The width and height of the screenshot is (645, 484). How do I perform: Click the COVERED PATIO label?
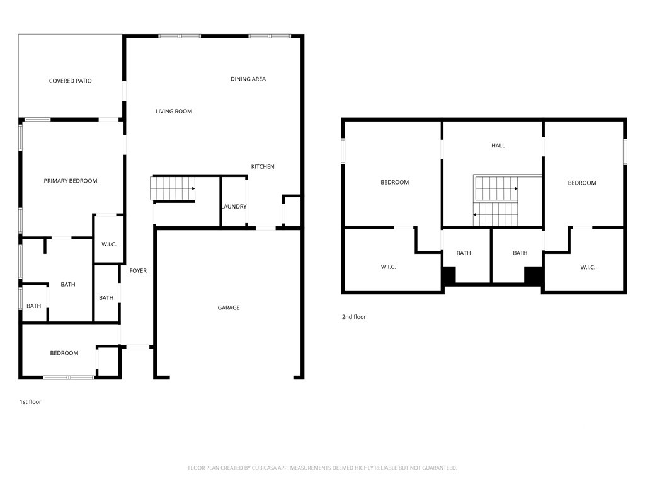point(71,81)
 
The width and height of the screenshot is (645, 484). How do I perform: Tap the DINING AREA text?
point(248,79)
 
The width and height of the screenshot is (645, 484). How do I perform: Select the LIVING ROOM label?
point(174,112)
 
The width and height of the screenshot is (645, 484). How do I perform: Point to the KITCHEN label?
point(263,166)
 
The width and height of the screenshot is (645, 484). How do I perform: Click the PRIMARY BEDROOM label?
point(71,181)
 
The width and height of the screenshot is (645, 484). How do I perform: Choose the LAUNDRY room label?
point(234,207)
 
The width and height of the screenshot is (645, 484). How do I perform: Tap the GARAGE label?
point(229,308)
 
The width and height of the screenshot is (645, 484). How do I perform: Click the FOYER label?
point(138,271)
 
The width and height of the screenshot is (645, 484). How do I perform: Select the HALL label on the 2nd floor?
point(498,146)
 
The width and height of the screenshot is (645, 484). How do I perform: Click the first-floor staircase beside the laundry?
point(173,189)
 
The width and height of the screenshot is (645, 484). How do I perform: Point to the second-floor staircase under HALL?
point(495,201)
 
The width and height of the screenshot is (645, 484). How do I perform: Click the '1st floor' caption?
point(30,402)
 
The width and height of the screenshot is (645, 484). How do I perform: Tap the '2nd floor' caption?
point(354,317)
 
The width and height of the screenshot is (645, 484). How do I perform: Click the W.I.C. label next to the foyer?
point(109,245)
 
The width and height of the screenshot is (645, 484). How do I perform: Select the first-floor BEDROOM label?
point(64,353)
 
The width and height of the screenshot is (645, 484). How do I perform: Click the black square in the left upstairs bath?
point(448,275)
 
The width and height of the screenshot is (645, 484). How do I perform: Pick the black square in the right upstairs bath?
point(534,275)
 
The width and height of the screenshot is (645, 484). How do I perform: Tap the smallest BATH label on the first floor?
point(34,306)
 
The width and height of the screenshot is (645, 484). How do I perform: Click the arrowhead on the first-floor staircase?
point(193,188)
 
